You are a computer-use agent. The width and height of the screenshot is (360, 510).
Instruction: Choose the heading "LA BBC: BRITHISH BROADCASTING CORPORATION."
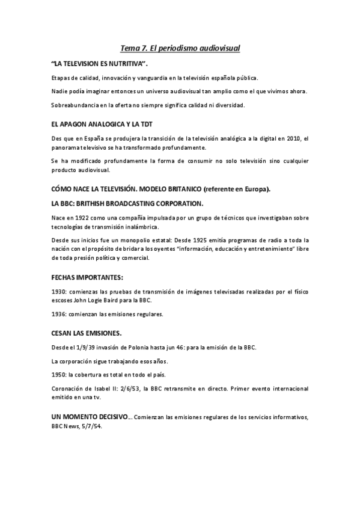point(127,203)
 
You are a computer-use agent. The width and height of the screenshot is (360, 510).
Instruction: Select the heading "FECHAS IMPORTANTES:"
point(87,277)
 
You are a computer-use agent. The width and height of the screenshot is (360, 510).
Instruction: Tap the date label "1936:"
point(59,314)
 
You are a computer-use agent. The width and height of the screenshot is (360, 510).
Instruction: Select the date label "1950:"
point(59,374)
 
